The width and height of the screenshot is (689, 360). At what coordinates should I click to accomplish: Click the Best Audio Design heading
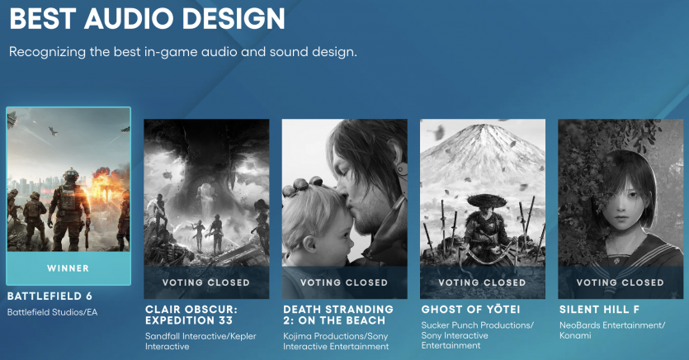point(147,18)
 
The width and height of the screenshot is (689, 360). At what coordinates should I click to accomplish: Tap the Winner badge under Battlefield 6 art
point(68,268)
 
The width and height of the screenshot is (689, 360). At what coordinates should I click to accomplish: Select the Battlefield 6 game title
point(50,296)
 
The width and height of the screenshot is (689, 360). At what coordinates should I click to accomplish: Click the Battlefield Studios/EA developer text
point(52,312)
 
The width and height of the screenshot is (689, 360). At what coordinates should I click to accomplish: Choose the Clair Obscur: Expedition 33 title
point(191,315)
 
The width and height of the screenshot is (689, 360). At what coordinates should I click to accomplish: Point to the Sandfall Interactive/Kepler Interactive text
point(201,341)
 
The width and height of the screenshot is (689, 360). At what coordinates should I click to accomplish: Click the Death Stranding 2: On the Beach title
point(338,315)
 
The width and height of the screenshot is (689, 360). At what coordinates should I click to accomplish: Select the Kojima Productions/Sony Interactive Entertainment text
point(336,341)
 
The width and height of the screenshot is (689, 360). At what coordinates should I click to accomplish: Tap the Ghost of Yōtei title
point(470,310)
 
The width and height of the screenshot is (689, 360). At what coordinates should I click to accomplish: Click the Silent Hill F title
point(599,310)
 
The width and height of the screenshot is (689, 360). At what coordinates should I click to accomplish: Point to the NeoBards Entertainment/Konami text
point(612,330)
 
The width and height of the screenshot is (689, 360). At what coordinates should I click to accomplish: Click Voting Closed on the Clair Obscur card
point(206,282)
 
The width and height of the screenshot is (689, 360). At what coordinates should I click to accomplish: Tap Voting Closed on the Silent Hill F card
point(620,282)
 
